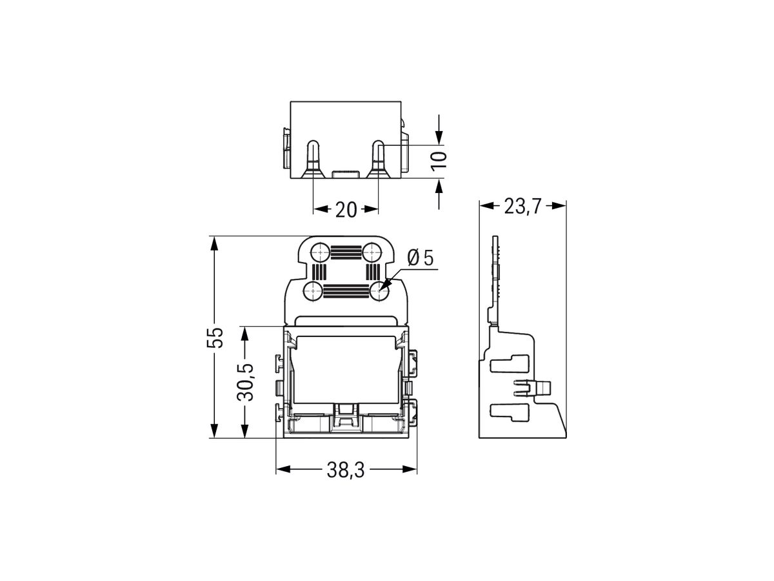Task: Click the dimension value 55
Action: [218, 336]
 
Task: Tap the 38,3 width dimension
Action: [346, 471]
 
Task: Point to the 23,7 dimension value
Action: [523, 207]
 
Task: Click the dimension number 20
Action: [346, 209]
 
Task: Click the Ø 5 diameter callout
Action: [421, 259]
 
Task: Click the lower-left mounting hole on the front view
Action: [313, 290]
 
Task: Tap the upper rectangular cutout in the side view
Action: [510, 364]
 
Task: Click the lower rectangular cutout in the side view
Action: [510, 411]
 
